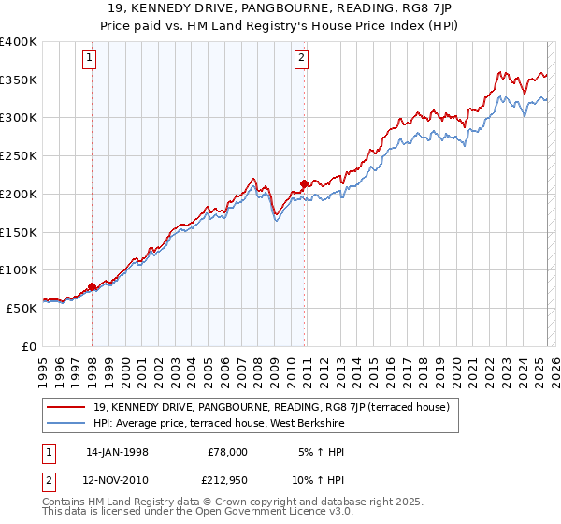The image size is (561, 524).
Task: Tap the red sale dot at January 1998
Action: (92, 286)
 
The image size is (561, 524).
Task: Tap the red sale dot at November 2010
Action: (305, 183)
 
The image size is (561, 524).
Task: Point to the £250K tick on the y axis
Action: (19, 156)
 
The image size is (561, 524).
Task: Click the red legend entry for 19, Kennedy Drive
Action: (272, 407)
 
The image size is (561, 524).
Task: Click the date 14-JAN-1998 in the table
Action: (117, 451)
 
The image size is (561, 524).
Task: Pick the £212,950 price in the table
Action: (227, 481)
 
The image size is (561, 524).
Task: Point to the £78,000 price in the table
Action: (227, 451)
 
